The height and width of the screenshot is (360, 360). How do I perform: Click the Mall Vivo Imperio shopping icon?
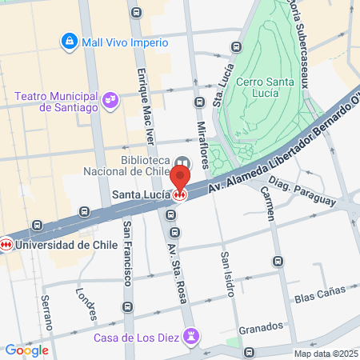(x=69, y=40)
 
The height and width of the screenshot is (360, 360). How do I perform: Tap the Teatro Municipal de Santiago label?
(x=56, y=102)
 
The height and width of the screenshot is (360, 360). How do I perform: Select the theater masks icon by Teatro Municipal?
(x=110, y=101)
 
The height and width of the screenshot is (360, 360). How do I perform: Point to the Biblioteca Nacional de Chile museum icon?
(x=182, y=162)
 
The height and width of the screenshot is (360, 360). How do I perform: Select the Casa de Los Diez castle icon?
(x=191, y=338)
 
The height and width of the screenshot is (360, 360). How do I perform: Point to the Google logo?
(x=27, y=350)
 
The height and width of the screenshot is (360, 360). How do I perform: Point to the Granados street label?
(x=261, y=326)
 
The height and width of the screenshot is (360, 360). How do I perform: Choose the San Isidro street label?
(x=227, y=273)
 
